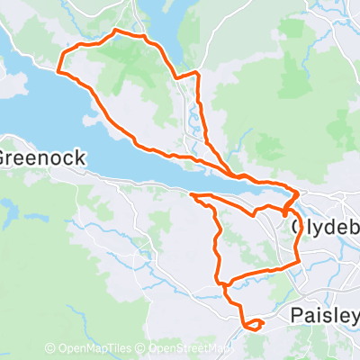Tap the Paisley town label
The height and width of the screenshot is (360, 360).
pyautogui.click(x=325, y=316)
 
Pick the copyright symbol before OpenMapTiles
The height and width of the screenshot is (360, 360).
pyautogui.click(x=50, y=348)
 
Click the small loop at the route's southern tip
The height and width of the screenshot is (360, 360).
pyautogui.click(x=254, y=324)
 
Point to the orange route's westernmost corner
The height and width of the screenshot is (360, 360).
pyautogui.click(x=58, y=70)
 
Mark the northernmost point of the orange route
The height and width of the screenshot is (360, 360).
pyautogui.click(x=115, y=32)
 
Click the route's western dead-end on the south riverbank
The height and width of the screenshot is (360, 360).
pyautogui.click(x=191, y=193)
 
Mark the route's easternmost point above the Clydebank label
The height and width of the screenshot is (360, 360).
pyautogui.click(x=299, y=193)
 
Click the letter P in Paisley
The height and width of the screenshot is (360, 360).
pyautogui.click(x=297, y=316)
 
